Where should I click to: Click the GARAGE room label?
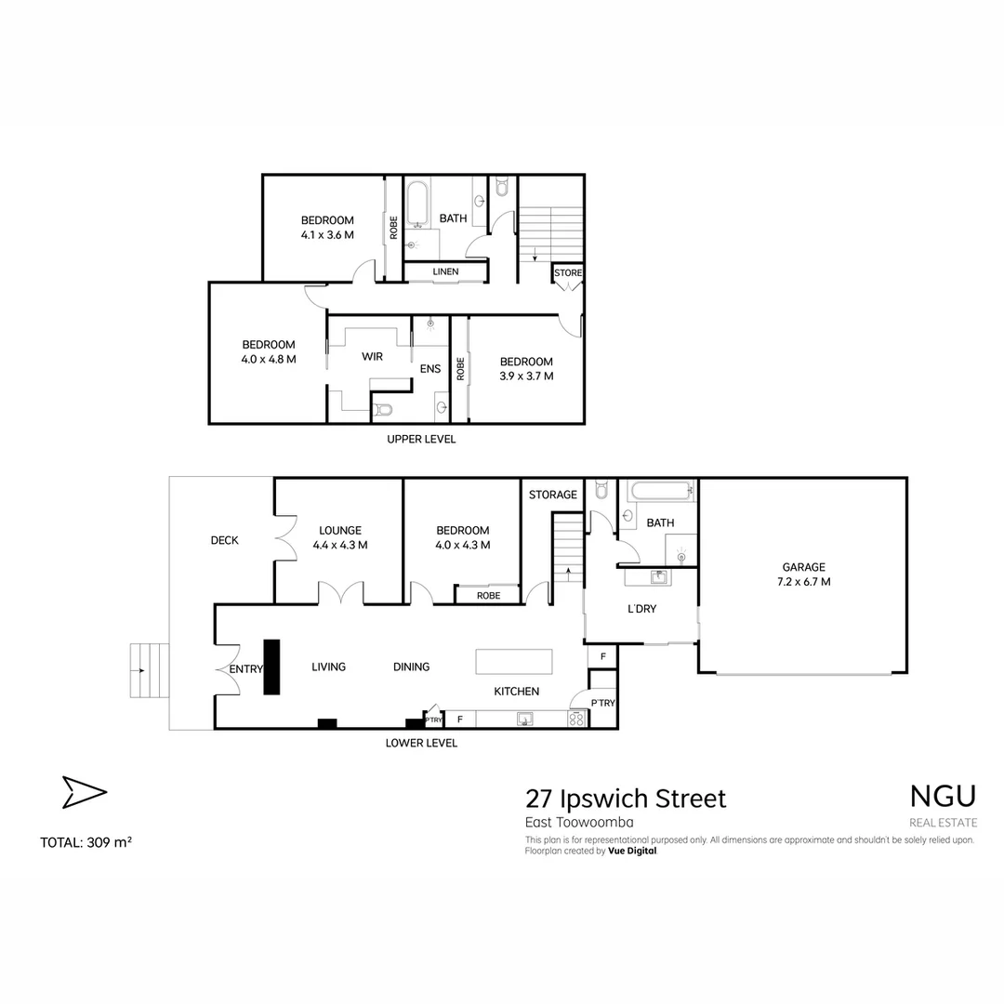point(803,567)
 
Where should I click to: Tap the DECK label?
point(224,540)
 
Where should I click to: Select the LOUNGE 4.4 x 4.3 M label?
point(339,538)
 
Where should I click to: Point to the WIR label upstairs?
point(372,356)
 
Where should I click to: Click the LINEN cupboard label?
point(445,271)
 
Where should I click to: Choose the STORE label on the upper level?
point(568,273)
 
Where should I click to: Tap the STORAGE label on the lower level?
point(552,495)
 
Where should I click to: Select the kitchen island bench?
point(514,662)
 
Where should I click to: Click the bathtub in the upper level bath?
point(416,204)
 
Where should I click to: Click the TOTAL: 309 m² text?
point(86,843)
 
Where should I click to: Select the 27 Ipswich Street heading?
point(626,799)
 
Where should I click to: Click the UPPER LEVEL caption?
point(421,439)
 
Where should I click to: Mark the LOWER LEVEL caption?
point(421,743)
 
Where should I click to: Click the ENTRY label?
point(246,668)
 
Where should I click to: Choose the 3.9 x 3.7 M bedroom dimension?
point(526,376)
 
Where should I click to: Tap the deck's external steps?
point(149,669)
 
